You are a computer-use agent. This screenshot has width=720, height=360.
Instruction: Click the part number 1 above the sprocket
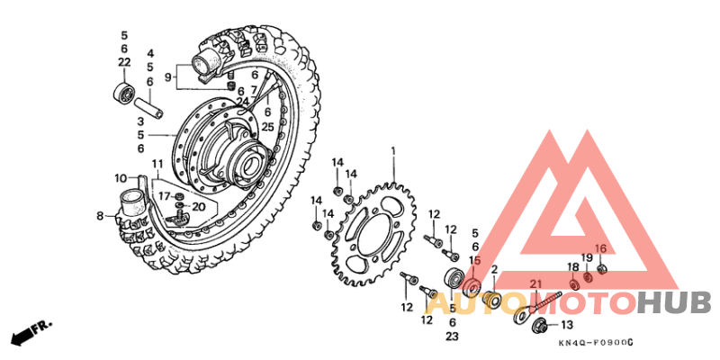(x=392, y=150)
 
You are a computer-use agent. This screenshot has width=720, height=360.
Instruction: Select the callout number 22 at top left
(x=124, y=62)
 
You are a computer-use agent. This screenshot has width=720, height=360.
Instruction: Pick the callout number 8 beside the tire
(x=101, y=216)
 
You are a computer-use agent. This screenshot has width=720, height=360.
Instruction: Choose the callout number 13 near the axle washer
(x=566, y=325)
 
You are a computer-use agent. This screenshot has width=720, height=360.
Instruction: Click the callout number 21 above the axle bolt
(x=536, y=284)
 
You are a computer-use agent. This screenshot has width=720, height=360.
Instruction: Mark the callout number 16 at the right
(x=601, y=249)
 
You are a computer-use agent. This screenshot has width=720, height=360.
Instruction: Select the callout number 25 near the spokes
(x=267, y=127)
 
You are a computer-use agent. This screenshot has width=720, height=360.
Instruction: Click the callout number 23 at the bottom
(x=452, y=336)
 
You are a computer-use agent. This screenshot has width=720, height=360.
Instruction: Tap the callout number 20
(x=199, y=206)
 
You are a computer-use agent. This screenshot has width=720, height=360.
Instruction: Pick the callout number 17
(x=165, y=195)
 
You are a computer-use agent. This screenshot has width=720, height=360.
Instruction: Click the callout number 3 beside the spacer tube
(x=140, y=121)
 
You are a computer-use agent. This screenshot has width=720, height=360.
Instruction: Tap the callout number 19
(x=586, y=258)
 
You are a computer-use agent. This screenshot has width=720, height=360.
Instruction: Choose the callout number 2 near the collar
(x=494, y=270)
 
